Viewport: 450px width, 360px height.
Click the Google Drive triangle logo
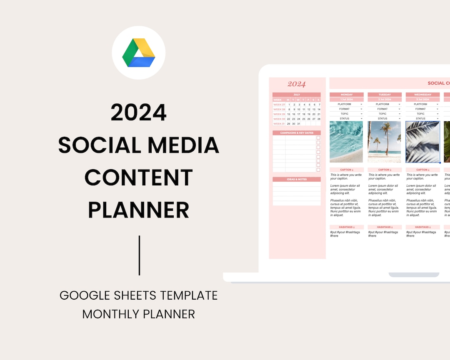[139, 52]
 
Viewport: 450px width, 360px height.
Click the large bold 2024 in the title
[139, 112]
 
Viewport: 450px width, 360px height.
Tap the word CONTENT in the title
[139, 177]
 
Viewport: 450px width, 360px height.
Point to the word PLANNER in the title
[139, 210]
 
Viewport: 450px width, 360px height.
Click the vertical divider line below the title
[139, 255]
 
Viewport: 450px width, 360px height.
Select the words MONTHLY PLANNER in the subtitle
[139, 314]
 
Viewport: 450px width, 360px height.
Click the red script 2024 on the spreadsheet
[297, 84]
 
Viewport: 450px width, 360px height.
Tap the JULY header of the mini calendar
[297, 95]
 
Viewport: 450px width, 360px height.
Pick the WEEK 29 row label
[279, 114]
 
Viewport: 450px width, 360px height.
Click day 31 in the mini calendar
[298, 124]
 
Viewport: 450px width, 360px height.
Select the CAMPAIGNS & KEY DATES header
[297, 133]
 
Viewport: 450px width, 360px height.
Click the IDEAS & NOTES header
[297, 179]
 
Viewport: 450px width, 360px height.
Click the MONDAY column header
[347, 95]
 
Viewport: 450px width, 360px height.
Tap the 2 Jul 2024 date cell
[385, 100]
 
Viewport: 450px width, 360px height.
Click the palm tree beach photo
[385, 142]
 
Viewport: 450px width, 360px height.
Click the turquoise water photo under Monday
[346, 142]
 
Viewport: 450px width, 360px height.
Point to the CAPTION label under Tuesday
[384, 170]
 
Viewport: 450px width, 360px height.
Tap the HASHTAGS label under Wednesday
[422, 227]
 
